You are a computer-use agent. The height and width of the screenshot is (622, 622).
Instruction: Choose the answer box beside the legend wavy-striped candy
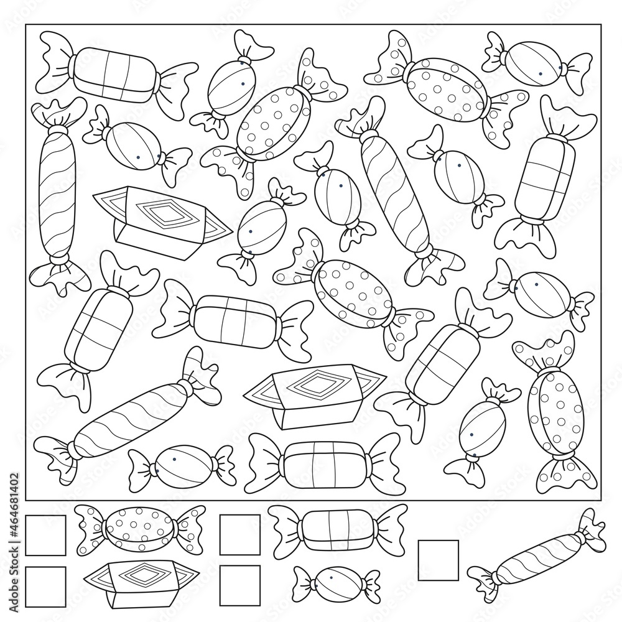coord(438,560)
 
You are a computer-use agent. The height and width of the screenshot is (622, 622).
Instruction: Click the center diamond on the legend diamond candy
coord(140,574)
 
